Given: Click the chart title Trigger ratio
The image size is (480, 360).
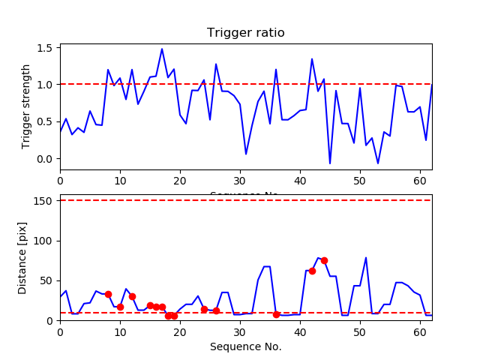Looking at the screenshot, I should [x=246, y=33].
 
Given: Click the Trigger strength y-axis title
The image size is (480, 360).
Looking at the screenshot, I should [x=27, y=106].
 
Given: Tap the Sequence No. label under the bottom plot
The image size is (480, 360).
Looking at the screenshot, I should [x=246, y=346].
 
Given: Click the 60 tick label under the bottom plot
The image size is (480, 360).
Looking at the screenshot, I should [x=420, y=331].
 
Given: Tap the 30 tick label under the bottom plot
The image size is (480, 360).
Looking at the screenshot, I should [x=240, y=331].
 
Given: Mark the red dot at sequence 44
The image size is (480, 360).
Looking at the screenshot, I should [x=324, y=260].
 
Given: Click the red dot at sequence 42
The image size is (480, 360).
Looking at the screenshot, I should [x=312, y=271].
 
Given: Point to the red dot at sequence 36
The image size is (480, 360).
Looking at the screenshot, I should [x=276, y=314].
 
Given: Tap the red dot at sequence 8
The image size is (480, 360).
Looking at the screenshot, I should [x=108, y=295].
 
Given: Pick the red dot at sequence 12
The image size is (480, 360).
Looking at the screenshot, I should [x=132, y=296].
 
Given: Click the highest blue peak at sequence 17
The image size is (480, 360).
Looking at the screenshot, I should [x=162, y=49].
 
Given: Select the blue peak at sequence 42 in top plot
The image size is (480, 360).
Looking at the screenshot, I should [x=312, y=59].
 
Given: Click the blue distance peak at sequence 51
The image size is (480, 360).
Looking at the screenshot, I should [x=366, y=258].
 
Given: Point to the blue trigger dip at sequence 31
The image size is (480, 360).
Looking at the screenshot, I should [x=246, y=154].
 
